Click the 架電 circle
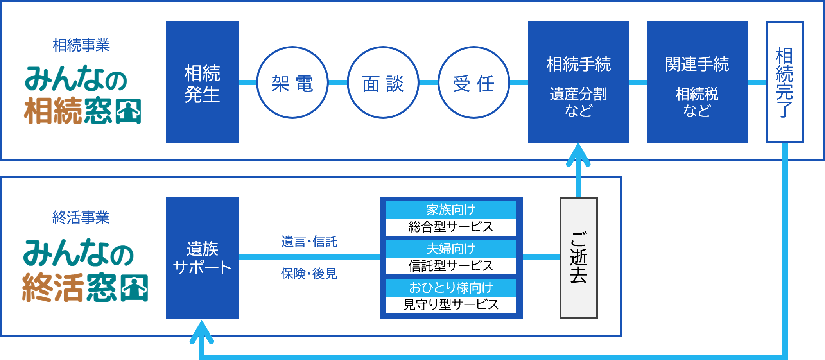pos(292,82)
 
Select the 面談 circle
pos(383,82)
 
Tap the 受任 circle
pos(473,82)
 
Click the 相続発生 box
pos(202,82)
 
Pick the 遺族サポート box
pos(202,257)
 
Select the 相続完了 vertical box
pos(784,82)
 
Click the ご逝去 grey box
pos(578,257)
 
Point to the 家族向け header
pos(451,210)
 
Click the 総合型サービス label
pos(451,227)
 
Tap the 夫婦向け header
pos(451,249)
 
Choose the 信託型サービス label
pos(451,266)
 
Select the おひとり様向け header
pos(451,288)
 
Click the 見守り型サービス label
pos(451,304)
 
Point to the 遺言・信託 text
pos(309,242)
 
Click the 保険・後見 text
pos(309,274)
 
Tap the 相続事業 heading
pos(81,45)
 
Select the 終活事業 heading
pos(81,217)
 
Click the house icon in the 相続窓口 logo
pos(128,111)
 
